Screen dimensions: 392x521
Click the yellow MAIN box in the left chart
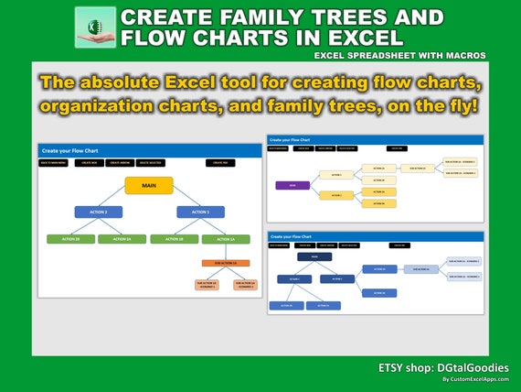pyautogui.click(x=150, y=184)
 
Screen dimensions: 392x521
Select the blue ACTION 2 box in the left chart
pyautogui.click(x=98, y=212)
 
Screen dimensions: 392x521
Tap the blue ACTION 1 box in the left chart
pyautogui.click(x=201, y=212)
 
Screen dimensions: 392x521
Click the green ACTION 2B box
pyautogui.click(x=70, y=239)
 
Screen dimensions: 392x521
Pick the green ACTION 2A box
pyautogui.click(x=122, y=239)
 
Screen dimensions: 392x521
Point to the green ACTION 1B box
pyautogui.click(x=174, y=239)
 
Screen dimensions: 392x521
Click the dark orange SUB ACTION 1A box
pyautogui.click(x=226, y=263)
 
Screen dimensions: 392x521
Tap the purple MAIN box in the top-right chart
pyautogui.click(x=292, y=185)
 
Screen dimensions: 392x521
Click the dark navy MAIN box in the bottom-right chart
pyautogui.click(x=314, y=257)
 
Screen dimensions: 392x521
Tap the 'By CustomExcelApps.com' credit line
pyautogui.click(x=474, y=379)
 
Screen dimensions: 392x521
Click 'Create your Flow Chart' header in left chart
pyautogui.click(x=68, y=150)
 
